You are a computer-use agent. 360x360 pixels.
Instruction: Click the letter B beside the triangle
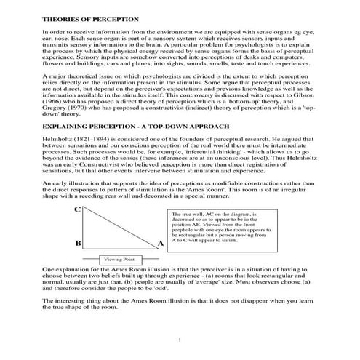click(76, 242)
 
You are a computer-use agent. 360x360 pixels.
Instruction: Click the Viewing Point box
click(118, 259)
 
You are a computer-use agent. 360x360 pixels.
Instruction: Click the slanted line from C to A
click(120, 225)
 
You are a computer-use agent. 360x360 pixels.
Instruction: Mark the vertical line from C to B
click(87, 225)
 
